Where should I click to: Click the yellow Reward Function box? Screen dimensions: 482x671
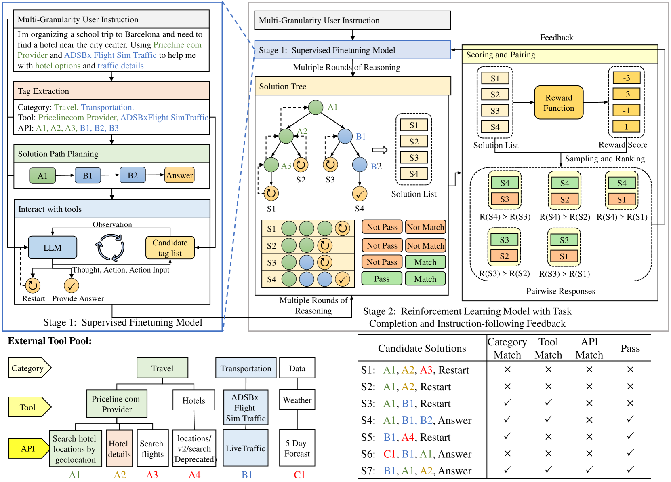pyautogui.click(x=559, y=103)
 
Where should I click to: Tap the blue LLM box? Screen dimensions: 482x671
pyautogui.click(x=53, y=247)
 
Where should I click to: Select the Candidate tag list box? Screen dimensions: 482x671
pyautogui.click(x=170, y=247)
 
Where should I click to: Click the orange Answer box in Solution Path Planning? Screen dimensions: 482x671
pyautogui.click(x=179, y=175)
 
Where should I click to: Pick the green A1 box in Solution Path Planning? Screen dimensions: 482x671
pyautogui.click(x=42, y=175)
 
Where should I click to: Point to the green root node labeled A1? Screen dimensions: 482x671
pyautogui.click(x=316, y=107)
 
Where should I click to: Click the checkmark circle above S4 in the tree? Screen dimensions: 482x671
pyautogui.click(x=360, y=194)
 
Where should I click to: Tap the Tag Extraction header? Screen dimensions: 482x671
pyautogui.click(x=111, y=91)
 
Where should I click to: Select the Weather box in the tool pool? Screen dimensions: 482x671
pyautogui.click(x=297, y=400)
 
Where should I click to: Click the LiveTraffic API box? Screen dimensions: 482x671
pyautogui.click(x=245, y=448)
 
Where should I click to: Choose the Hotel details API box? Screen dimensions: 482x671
pyautogui.click(x=119, y=448)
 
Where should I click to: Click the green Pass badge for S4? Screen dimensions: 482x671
pyautogui.click(x=382, y=279)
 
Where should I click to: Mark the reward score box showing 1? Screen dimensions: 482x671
pyautogui.click(x=626, y=127)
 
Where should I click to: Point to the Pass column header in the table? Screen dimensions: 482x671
pyautogui.click(x=630, y=349)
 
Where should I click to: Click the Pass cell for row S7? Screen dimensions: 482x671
pyautogui.click(x=630, y=470)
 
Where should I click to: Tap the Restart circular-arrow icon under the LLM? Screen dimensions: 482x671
pyautogui.click(x=33, y=286)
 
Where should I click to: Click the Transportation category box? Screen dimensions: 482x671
pyautogui.click(x=246, y=368)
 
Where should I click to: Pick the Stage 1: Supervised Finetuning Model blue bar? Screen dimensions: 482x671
pyautogui.click(x=352, y=50)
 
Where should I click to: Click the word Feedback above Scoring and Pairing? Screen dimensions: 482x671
pyautogui.click(x=556, y=38)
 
